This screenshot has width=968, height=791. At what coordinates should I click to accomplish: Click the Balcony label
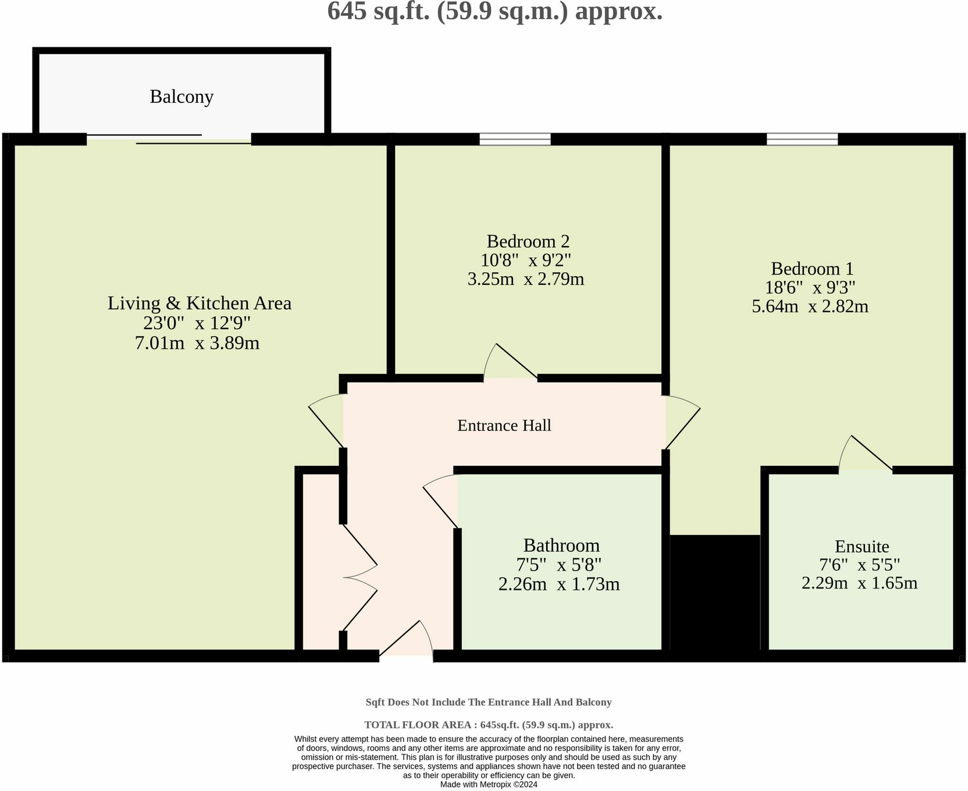coord(181,97)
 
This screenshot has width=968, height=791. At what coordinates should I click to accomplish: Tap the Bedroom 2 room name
coord(528,241)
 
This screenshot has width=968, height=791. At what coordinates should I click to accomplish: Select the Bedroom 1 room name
coord(812,269)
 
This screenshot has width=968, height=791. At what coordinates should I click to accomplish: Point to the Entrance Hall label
coord(504,425)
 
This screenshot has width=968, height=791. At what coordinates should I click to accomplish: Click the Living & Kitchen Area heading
coord(199,303)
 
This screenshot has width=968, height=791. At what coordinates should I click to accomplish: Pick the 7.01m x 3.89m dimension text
coord(197,343)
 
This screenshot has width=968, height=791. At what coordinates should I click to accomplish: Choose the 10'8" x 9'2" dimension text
coord(526,259)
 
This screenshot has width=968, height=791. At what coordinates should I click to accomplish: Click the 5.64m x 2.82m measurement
coord(810,306)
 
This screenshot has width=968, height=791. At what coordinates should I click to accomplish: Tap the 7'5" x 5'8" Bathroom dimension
coord(558,565)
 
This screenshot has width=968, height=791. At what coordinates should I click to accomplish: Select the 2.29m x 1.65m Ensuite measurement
coord(859,582)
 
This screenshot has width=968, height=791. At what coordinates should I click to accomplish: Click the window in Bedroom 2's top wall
coord(515,139)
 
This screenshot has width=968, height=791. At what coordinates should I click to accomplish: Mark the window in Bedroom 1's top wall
coord(802,139)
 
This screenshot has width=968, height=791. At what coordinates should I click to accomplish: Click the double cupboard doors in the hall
coord(360,578)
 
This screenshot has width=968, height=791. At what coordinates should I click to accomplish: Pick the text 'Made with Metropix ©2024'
coord(489,784)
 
